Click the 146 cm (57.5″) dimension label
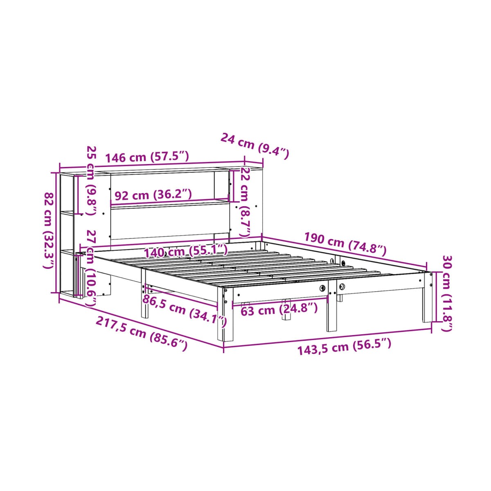[x=147, y=157]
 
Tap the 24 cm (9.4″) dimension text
[x=255, y=146]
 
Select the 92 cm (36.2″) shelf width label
[x=153, y=195]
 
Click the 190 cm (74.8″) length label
[x=345, y=244]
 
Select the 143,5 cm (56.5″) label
[x=344, y=347]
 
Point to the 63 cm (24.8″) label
[x=279, y=309]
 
